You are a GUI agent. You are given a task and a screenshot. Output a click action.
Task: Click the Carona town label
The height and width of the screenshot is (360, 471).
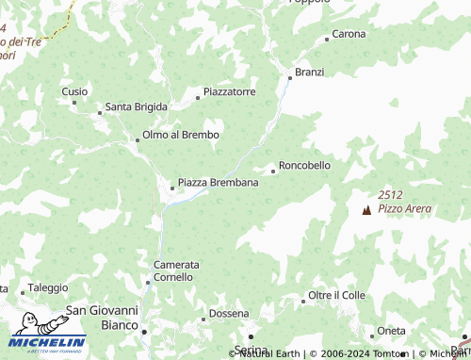349,34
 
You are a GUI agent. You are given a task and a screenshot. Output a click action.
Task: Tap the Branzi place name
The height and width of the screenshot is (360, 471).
309,72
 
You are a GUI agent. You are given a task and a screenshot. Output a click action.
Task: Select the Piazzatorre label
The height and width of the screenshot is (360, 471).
230,92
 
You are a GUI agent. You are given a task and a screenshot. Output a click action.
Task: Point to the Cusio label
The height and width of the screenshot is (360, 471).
74,91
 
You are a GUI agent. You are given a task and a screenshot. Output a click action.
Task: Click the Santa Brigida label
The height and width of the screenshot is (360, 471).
137,106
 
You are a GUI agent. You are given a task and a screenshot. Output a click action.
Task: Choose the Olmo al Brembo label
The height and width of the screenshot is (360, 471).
180,135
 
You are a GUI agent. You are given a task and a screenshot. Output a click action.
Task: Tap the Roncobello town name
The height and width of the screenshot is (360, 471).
305,165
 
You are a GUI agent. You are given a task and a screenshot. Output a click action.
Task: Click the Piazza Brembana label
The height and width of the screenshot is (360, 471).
218,182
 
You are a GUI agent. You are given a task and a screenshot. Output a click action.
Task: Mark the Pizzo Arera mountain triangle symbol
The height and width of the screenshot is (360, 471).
366,209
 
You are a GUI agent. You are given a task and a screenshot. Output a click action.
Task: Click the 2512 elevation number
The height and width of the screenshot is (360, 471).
391,194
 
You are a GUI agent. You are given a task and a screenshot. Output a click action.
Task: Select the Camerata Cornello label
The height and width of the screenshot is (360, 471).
175,271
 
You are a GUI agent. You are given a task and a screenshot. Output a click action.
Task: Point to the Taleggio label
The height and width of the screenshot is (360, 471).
48,287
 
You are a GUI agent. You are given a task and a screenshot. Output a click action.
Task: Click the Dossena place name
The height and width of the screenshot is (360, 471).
229,313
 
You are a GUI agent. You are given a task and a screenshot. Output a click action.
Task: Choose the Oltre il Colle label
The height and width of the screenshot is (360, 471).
336,296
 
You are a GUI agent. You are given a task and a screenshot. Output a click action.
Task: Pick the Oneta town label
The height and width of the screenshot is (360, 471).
391,331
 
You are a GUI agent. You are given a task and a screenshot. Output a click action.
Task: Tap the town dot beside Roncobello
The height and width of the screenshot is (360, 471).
273,172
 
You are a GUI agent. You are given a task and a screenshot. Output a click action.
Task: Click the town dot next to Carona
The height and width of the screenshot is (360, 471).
327,40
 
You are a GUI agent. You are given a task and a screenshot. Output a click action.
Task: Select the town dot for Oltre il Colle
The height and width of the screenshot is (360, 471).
302,302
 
